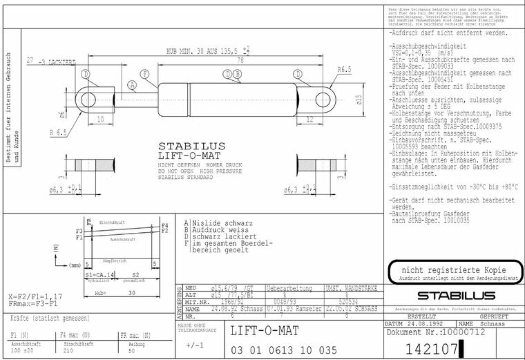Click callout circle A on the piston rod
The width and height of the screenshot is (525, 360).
click(x=132, y=85)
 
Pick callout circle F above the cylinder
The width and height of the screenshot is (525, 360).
click(x=144, y=73)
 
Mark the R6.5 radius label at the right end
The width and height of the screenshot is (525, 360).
click(x=345, y=69)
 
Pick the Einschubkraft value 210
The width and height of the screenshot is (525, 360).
click(x=69, y=350)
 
